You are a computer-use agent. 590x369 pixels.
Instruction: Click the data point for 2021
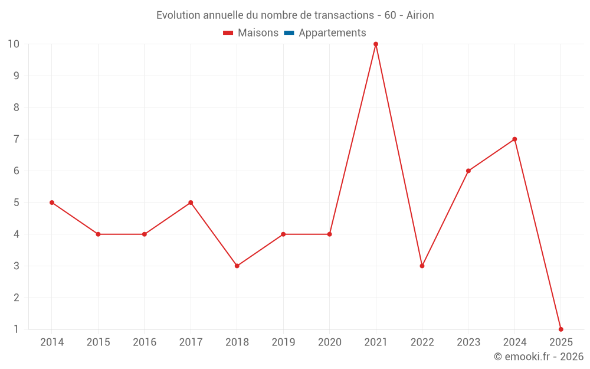pyautogui.click(x=376, y=44)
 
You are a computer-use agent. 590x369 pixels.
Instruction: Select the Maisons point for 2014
pyautogui.click(x=52, y=203)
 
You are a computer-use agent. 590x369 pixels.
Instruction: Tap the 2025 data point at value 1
pyautogui.click(x=560, y=329)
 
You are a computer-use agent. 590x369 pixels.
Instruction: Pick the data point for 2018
pyautogui.click(x=237, y=266)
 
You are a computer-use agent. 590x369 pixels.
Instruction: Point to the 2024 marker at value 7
pyautogui.click(x=514, y=139)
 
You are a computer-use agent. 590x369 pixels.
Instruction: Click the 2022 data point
pyautogui.click(x=422, y=266)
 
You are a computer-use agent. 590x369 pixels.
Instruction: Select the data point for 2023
pyautogui.click(x=468, y=171)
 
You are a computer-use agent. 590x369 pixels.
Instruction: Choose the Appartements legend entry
pyautogui.click(x=332, y=33)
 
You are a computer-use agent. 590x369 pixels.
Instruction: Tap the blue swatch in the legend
pyautogui.click(x=289, y=33)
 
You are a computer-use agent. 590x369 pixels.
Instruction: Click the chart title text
pyautogui.click(x=295, y=15)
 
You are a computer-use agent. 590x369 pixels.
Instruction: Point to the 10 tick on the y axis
pyautogui.click(x=14, y=44)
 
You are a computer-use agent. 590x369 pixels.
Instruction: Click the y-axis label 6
pyautogui.click(x=17, y=171)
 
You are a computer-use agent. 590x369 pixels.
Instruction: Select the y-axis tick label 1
pyautogui.click(x=17, y=329)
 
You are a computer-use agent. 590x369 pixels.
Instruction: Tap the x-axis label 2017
pyautogui.click(x=191, y=342)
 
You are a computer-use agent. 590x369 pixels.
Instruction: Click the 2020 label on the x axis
pyautogui.click(x=329, y=342)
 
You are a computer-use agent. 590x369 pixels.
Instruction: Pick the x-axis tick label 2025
pyautogui.click(x=560, y=342)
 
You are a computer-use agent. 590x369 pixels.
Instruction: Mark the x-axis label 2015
pyautogui.click(x=98, y=342)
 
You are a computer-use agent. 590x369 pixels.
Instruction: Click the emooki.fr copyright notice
pyautogui.click(x=538, y=357)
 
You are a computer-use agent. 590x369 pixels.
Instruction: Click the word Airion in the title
pyautogui.click(x=420, y=15)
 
